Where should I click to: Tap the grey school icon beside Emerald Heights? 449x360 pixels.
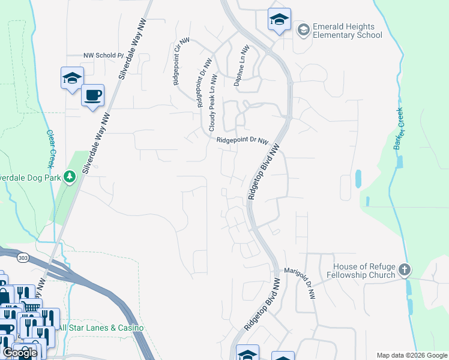click(303, 29)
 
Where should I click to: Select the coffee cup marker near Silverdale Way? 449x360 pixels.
click(92, 95)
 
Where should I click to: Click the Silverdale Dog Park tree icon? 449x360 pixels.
click(70, 176)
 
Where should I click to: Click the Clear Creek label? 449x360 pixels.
click(50, 149)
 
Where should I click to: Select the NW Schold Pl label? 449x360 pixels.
click(103, 55)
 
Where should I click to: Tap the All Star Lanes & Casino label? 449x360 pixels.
click(101, 328)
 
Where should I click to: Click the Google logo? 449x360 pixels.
click(20, 353)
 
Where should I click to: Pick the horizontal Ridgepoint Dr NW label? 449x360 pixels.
click(242, 140)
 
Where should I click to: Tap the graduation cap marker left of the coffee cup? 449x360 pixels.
click(72, 78)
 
